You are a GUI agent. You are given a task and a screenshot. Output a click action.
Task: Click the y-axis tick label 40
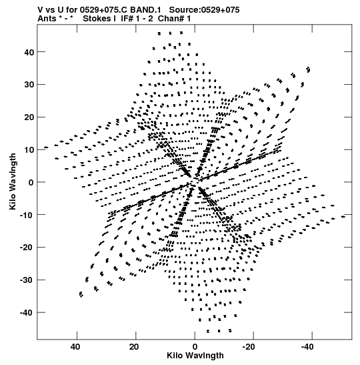[29, 52]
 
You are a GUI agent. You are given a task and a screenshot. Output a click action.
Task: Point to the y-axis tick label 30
[29, 85]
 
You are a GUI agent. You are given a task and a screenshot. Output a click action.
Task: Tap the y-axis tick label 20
[29, 117]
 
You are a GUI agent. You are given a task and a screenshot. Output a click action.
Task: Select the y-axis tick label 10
[29, 149]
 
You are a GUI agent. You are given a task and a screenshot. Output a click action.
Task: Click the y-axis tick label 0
[31, 182]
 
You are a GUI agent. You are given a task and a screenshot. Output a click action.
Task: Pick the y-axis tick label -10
[27, 215]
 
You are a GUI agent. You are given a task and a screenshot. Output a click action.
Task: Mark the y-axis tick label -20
[27, 248]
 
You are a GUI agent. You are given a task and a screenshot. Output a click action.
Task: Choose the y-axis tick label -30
[27, 280]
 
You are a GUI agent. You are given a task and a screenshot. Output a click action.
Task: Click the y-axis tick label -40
[27, 313]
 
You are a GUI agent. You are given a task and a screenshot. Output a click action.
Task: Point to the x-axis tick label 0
[195, 347]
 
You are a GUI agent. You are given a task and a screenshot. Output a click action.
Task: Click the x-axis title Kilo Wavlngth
[195, 356]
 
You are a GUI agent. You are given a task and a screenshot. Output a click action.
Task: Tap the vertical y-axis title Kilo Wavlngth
[13, 181]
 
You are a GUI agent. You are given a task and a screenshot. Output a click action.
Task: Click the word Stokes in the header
[97, 19]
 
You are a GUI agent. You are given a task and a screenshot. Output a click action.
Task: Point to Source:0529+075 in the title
[204, 10]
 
